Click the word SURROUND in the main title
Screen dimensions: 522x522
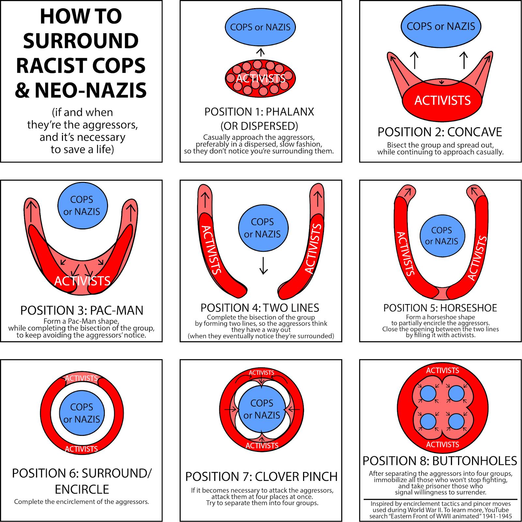(81, 41)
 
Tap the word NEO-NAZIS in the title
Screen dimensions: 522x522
(91, 91)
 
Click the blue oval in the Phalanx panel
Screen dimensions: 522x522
(260, 27)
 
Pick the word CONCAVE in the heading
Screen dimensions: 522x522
(474, 132)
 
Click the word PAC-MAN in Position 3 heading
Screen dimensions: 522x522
(116, 310)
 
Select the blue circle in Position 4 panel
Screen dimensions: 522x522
(263, 228)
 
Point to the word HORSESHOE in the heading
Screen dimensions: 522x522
(468, 308)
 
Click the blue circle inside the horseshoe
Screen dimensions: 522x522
(442, 236)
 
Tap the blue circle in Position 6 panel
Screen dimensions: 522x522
(82, 413)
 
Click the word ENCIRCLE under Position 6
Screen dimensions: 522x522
(82, 489)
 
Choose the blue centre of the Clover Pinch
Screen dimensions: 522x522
(262, 409)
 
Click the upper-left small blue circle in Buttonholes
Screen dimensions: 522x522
(428, 393)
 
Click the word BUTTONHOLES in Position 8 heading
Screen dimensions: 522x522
(475, 461)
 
